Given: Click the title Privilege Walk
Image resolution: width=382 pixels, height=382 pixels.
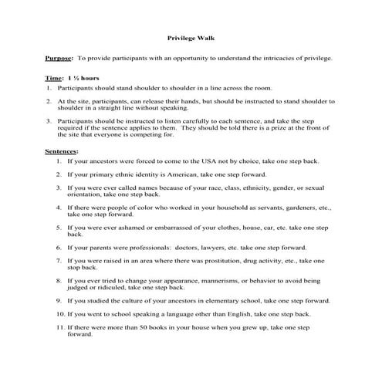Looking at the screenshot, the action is [190, 36].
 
